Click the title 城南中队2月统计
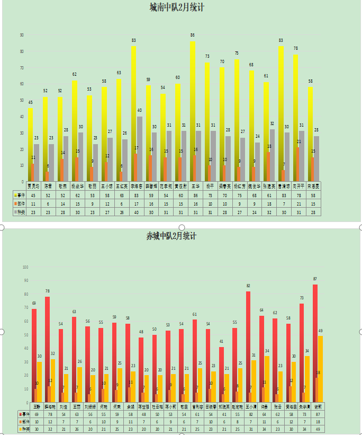click(177, 7)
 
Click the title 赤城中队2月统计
click(175, 236)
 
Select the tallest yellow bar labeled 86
click(193, 111)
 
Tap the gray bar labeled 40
click(140, 149)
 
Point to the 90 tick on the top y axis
click(22, 35)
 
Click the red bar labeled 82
click(248, 347)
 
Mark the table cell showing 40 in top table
click(136, 212)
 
